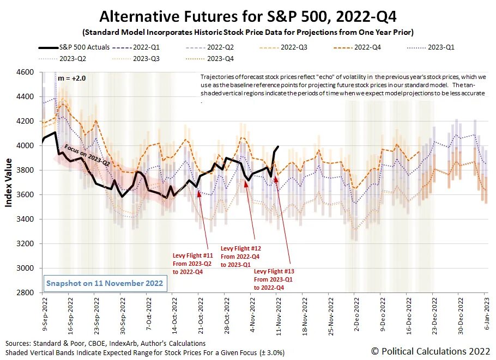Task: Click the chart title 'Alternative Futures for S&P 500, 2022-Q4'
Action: click(249, 15)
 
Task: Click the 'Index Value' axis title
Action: click(9, 182)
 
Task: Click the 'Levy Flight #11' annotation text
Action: click(186, 255)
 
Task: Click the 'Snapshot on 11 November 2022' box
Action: click(104, 283)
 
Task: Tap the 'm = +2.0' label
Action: click(71, 78)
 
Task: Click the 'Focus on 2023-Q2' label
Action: click(87, 155)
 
